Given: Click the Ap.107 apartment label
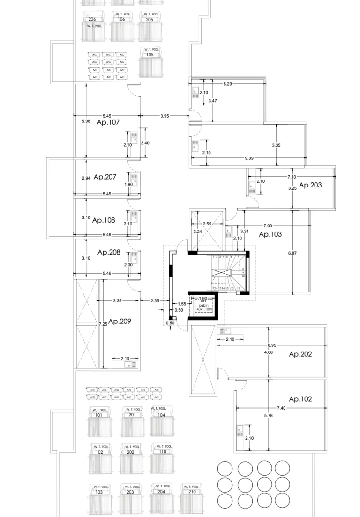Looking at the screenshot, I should click(108, 122).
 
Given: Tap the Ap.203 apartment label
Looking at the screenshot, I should click(310, 185).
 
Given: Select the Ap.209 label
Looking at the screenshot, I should click(120, 322).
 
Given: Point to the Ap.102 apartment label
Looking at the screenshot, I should click(300, 399).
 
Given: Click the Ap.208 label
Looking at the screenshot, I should click(109, 252).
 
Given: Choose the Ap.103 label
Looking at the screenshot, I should click(270, 234).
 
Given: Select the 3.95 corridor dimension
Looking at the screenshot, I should click(165, 116).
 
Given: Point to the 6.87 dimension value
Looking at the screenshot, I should click(292, 253).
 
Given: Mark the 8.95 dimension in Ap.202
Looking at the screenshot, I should click(272, 345).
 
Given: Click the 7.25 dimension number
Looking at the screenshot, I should click(103, 324).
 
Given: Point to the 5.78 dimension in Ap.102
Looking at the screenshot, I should click(268, 416).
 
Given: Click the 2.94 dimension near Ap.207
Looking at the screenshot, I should click(86, 178).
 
